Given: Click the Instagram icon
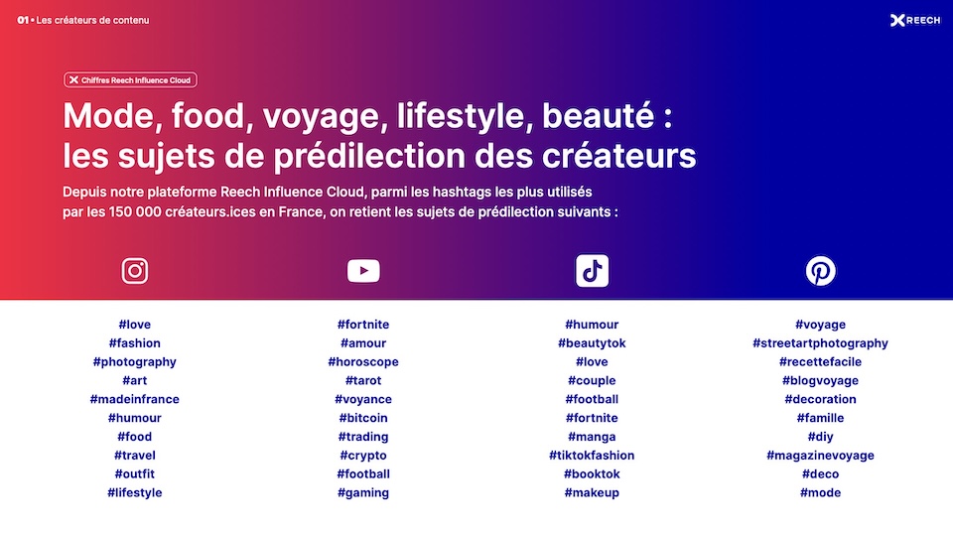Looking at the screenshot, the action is [134, 271].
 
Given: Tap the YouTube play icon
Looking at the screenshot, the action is [363, 271].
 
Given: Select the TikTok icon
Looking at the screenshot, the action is [592, 270].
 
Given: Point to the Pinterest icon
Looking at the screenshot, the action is [821, 270].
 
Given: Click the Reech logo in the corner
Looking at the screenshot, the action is [915, 21].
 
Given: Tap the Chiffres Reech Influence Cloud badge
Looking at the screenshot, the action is [130, 79].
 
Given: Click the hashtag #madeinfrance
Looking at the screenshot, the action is [134, 399].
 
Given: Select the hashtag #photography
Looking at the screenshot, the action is [134, 362].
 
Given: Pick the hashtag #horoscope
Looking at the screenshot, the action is [363, 362].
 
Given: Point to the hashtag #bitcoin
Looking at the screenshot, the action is [363, 418].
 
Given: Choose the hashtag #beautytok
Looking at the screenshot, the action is [592, 343].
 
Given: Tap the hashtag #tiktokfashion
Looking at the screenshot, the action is [592, 456].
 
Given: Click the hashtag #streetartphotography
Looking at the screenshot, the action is [821, 343].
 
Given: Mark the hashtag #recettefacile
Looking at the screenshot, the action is [821, 362].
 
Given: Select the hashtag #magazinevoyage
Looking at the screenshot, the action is [821, 456].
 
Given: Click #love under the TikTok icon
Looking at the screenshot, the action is [592, 362].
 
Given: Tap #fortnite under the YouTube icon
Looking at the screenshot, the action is [363, 325].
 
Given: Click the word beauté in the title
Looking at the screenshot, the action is [599, 115].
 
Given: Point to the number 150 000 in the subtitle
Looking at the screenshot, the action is [135, 212].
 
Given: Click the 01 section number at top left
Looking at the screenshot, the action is [23, 20].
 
